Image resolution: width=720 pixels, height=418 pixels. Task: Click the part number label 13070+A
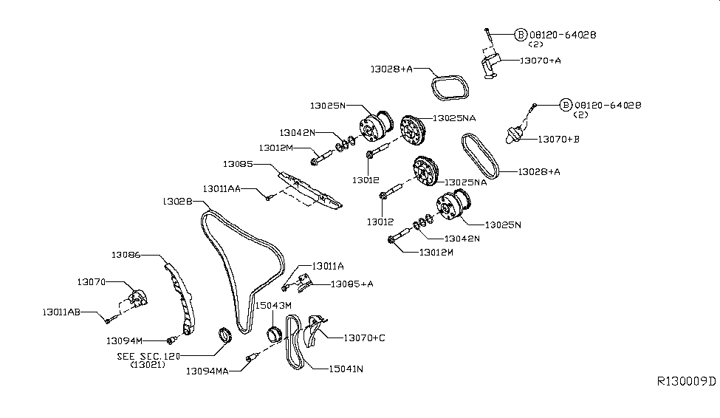tap(541, 61)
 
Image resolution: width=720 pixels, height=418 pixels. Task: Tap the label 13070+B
tap(559, 139)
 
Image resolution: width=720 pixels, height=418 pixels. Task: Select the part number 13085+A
tap(352, 284)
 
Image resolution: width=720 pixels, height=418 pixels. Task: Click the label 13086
tap(126, 255)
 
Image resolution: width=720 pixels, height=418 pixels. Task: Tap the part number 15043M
tap(274, 305)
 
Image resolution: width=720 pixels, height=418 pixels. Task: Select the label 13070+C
tap(364, 338)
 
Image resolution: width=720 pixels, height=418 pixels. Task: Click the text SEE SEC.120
tap(148, 356)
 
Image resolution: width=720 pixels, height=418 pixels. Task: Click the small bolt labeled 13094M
tap(171, 340)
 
